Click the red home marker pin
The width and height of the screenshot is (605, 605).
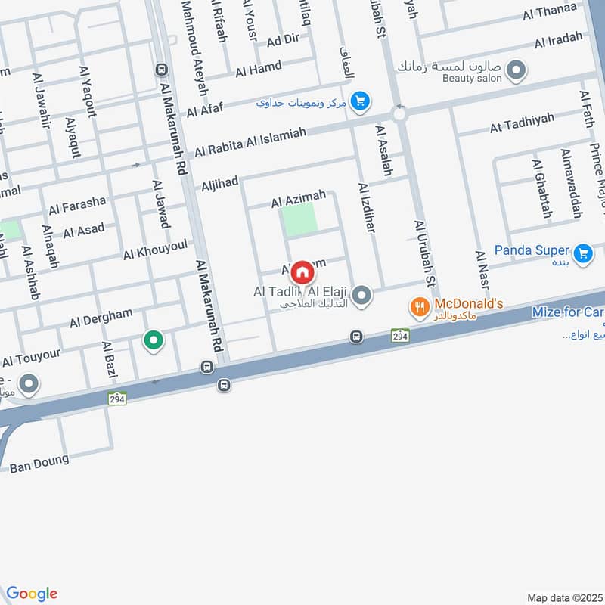[x=302, y=271]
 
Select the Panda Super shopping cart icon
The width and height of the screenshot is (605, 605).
[x=582, y=253]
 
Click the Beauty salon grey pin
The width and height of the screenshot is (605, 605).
[x=517, y=73]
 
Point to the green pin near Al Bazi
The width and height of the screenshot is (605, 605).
[x=154, y=342]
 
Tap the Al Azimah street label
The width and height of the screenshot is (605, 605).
[x=299, y=200]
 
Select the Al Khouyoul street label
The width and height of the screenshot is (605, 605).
[x=155, y=250]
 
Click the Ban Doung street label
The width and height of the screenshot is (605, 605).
[x=39, y=463]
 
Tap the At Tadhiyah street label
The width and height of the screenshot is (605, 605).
[x=522, y=123]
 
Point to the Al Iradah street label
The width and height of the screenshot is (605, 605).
[x=558, y=41]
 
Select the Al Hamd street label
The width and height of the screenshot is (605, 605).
[x=259, y=70]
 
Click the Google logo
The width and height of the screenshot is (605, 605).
[x=32, y=594]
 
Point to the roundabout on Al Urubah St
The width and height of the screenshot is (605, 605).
[x=399, y=115]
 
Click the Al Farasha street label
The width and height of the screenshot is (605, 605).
[x=77, y=205]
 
